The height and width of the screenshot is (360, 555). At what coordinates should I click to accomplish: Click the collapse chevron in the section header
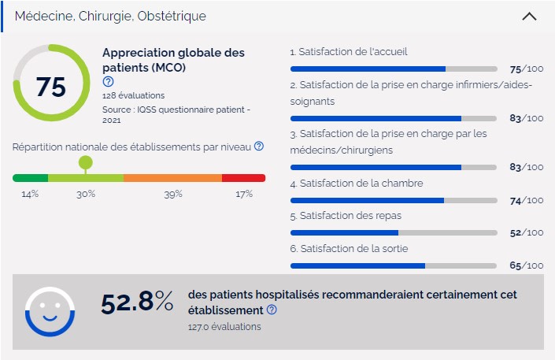[530, 16]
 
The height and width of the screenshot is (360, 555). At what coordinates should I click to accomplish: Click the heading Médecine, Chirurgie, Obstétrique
[111, 16]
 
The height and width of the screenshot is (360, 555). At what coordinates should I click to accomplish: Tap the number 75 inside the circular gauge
[51, 87]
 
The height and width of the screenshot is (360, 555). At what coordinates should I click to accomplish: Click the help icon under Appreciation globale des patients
[108, 82]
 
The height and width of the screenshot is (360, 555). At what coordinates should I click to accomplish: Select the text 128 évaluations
[133, 95]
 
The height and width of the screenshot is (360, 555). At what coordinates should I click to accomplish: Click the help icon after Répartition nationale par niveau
[259, 147]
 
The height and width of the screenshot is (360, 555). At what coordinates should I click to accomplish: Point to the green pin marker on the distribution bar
[85, 163]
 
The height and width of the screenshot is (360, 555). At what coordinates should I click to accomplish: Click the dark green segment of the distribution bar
[30, 178]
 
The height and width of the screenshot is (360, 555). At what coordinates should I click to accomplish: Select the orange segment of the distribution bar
[172, 178]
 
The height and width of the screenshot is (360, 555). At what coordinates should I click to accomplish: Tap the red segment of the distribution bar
[243, 178]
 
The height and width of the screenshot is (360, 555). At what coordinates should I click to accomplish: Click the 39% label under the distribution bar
[173, 194]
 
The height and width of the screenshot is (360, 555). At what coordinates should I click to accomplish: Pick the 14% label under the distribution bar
[30, 194]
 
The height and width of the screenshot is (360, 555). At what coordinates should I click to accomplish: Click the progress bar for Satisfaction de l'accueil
[394, 69]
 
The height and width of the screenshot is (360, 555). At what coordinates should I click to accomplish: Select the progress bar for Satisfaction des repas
[394, 232]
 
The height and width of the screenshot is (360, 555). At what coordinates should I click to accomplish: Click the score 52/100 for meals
[526, 233]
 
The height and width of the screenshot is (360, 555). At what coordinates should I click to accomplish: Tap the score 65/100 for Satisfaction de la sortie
[526, 266]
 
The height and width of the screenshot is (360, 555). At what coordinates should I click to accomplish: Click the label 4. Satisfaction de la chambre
[356, 184]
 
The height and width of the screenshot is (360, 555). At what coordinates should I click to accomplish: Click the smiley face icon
[50, 311]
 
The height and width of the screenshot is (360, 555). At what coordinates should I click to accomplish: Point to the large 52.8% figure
[137, 302]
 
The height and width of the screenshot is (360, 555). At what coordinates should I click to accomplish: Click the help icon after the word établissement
[272, 310]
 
